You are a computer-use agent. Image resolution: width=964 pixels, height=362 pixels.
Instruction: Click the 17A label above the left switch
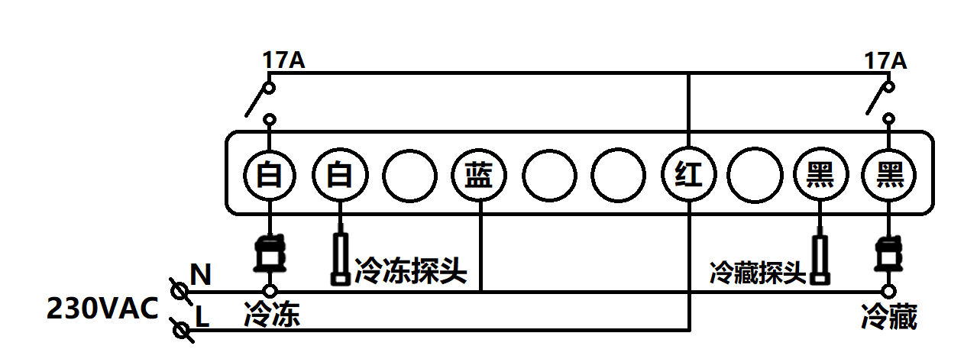[283, 60]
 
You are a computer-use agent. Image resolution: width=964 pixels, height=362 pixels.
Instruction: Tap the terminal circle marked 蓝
[479, 176]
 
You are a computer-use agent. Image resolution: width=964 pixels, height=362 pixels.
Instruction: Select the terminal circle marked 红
[688, 176]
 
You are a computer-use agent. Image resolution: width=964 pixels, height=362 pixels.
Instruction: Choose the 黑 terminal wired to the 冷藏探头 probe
[820, 176]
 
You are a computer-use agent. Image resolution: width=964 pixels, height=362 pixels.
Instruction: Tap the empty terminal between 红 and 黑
[754, 176]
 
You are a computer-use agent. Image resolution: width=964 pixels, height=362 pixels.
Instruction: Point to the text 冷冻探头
[409, 270]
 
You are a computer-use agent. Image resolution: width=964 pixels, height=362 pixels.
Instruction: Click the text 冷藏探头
[758, 272]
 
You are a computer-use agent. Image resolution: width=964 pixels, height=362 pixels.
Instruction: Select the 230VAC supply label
[102, 309]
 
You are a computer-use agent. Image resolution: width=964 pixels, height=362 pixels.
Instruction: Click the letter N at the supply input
[201, 275]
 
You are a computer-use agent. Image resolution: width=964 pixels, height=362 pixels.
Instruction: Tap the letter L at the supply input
[202, 316]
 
